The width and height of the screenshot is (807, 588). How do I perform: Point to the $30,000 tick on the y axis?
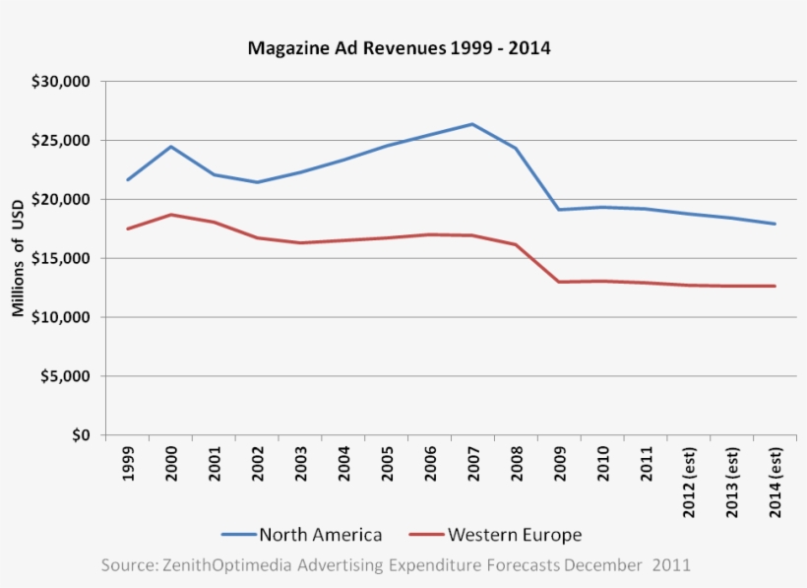tap(62, 82)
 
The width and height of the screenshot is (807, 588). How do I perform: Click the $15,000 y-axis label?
tap(62, 259)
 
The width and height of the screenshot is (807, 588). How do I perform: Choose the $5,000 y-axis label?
tap(66, 377)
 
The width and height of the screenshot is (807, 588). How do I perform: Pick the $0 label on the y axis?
tap(79, 435)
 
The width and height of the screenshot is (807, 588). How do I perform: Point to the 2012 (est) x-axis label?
tap(688, 484)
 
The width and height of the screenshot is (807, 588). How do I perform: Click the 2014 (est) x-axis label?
tap(775, 484)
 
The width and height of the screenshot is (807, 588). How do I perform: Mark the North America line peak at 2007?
tap(472, 124)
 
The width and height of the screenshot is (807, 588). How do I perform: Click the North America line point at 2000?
tap(171, 147)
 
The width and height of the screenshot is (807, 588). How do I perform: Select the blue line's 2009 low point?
tap(559, 210)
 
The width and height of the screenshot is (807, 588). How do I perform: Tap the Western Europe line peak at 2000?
tap(171, 215)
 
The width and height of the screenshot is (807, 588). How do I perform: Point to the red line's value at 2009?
tap(559, 282)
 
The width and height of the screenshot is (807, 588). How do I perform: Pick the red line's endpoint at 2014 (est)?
tap(775, 287)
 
